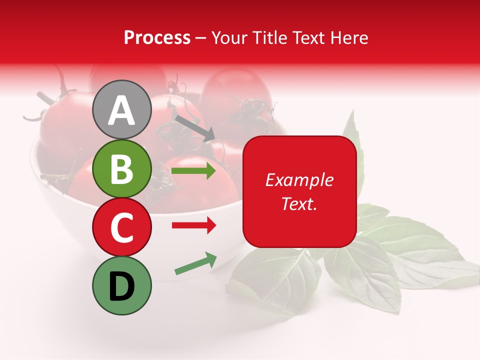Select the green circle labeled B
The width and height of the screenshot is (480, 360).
(121, 169)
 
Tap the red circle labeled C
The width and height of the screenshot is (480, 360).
(121, 227)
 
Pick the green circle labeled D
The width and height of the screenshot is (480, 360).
(121, 285)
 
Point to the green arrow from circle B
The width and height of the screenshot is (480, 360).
(193, 171)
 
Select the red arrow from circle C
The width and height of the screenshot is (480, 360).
(193, 225)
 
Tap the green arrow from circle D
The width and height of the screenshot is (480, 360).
(195, 263)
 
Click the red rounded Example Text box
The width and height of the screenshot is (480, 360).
(299, 191)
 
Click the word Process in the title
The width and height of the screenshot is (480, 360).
(157, 37)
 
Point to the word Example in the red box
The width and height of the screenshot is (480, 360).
(299, 180)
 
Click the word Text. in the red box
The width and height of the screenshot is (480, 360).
(299, 204)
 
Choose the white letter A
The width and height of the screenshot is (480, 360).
(121, 110)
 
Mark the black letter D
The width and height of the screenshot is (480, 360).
(121, 286)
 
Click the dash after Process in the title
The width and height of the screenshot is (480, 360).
(201, 38)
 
